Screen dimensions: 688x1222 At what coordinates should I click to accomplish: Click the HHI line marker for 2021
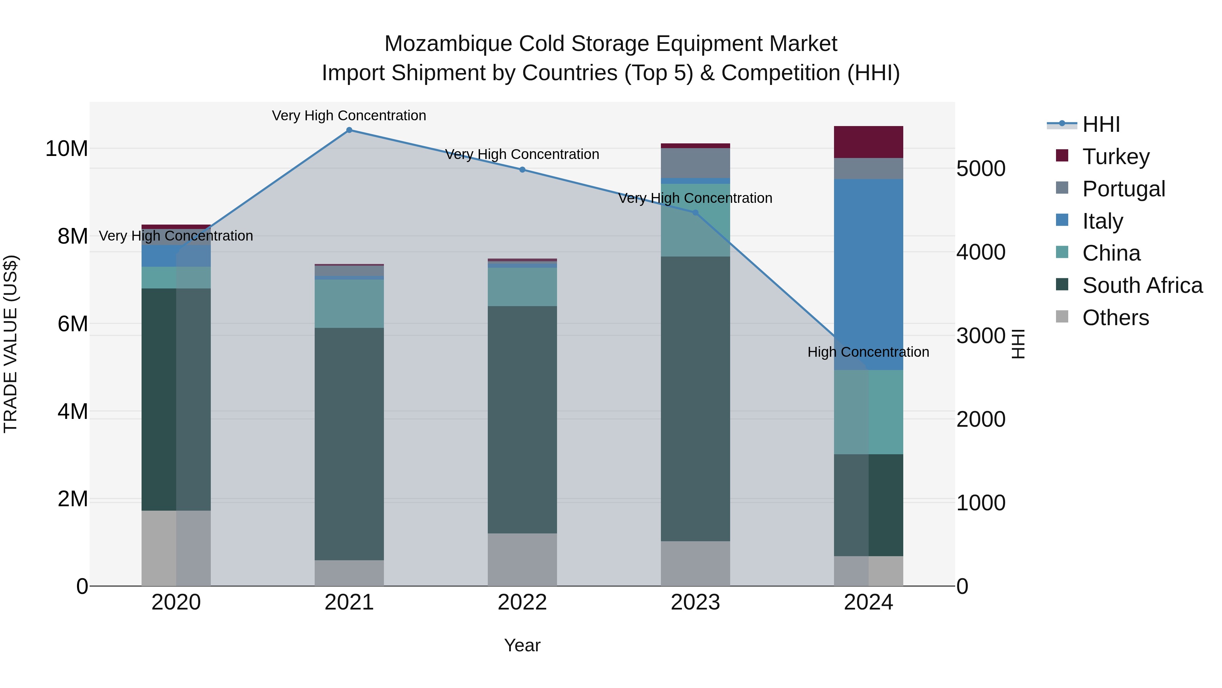[349, 130]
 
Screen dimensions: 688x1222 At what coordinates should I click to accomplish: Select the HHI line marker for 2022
[522, 170]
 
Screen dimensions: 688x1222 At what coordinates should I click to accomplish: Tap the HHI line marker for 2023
[696, 213]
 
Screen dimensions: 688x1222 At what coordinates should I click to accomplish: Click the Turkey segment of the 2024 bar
[869, 142]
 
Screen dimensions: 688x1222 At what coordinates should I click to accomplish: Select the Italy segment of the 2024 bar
[869, 275]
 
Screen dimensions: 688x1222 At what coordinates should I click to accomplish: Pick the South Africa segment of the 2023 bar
[696, 399]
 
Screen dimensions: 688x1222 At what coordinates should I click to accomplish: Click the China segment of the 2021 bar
[349, 303]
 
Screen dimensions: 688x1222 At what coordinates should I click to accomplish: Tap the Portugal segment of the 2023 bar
[696, 163]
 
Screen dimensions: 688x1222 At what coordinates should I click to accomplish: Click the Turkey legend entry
[1116, 156]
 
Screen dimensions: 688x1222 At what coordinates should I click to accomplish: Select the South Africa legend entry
[1142, 285]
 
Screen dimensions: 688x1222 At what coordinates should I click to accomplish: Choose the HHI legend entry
[1100, 124]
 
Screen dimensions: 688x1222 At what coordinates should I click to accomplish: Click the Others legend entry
[1115, 318]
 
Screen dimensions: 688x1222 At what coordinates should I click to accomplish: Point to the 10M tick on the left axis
[67, 148]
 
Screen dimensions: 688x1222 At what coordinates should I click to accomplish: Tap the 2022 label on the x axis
[522, 602]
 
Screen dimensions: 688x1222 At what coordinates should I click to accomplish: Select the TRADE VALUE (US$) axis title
[11, 344]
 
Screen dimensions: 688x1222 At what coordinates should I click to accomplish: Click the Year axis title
[522, 645]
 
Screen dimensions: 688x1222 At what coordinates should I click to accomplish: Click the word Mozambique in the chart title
[448, 44]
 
